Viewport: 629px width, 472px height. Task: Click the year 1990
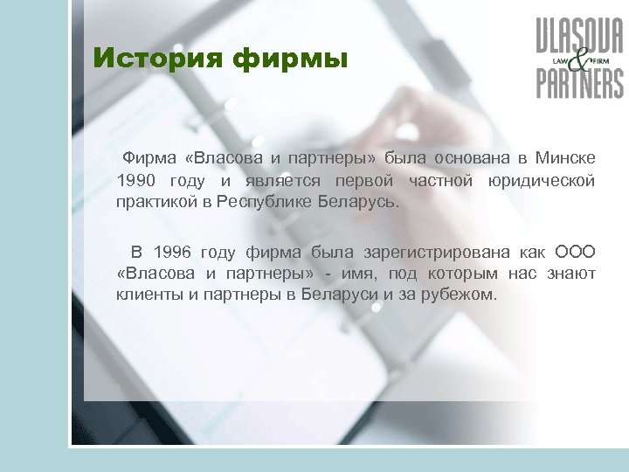tap(136, 181)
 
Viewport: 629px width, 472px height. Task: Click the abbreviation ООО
tap(576, 253)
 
